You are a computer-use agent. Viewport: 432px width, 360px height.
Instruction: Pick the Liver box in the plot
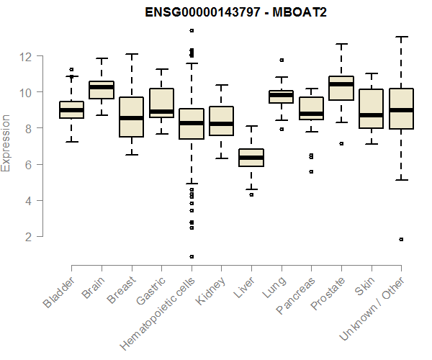[x=251, y=158]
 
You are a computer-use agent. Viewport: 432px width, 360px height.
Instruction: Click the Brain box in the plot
[x=102, y=90]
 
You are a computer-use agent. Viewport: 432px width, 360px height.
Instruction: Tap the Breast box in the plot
[x=132, y=117]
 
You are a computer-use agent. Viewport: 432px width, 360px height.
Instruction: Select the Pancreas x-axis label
[x=297, y=295]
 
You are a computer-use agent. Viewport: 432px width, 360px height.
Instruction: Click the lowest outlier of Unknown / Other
[x=401, y=239]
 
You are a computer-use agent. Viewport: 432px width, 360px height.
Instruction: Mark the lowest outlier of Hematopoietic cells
[x=192, y=256]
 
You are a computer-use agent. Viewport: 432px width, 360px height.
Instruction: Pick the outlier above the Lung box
[x=282, y=60]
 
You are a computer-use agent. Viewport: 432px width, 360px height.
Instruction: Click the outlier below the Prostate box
[x=341, y=143]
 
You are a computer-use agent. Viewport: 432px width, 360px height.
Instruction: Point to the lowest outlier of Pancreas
[x=311, y=171]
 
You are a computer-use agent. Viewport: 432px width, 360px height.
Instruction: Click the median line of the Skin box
[x=371, y=115]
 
